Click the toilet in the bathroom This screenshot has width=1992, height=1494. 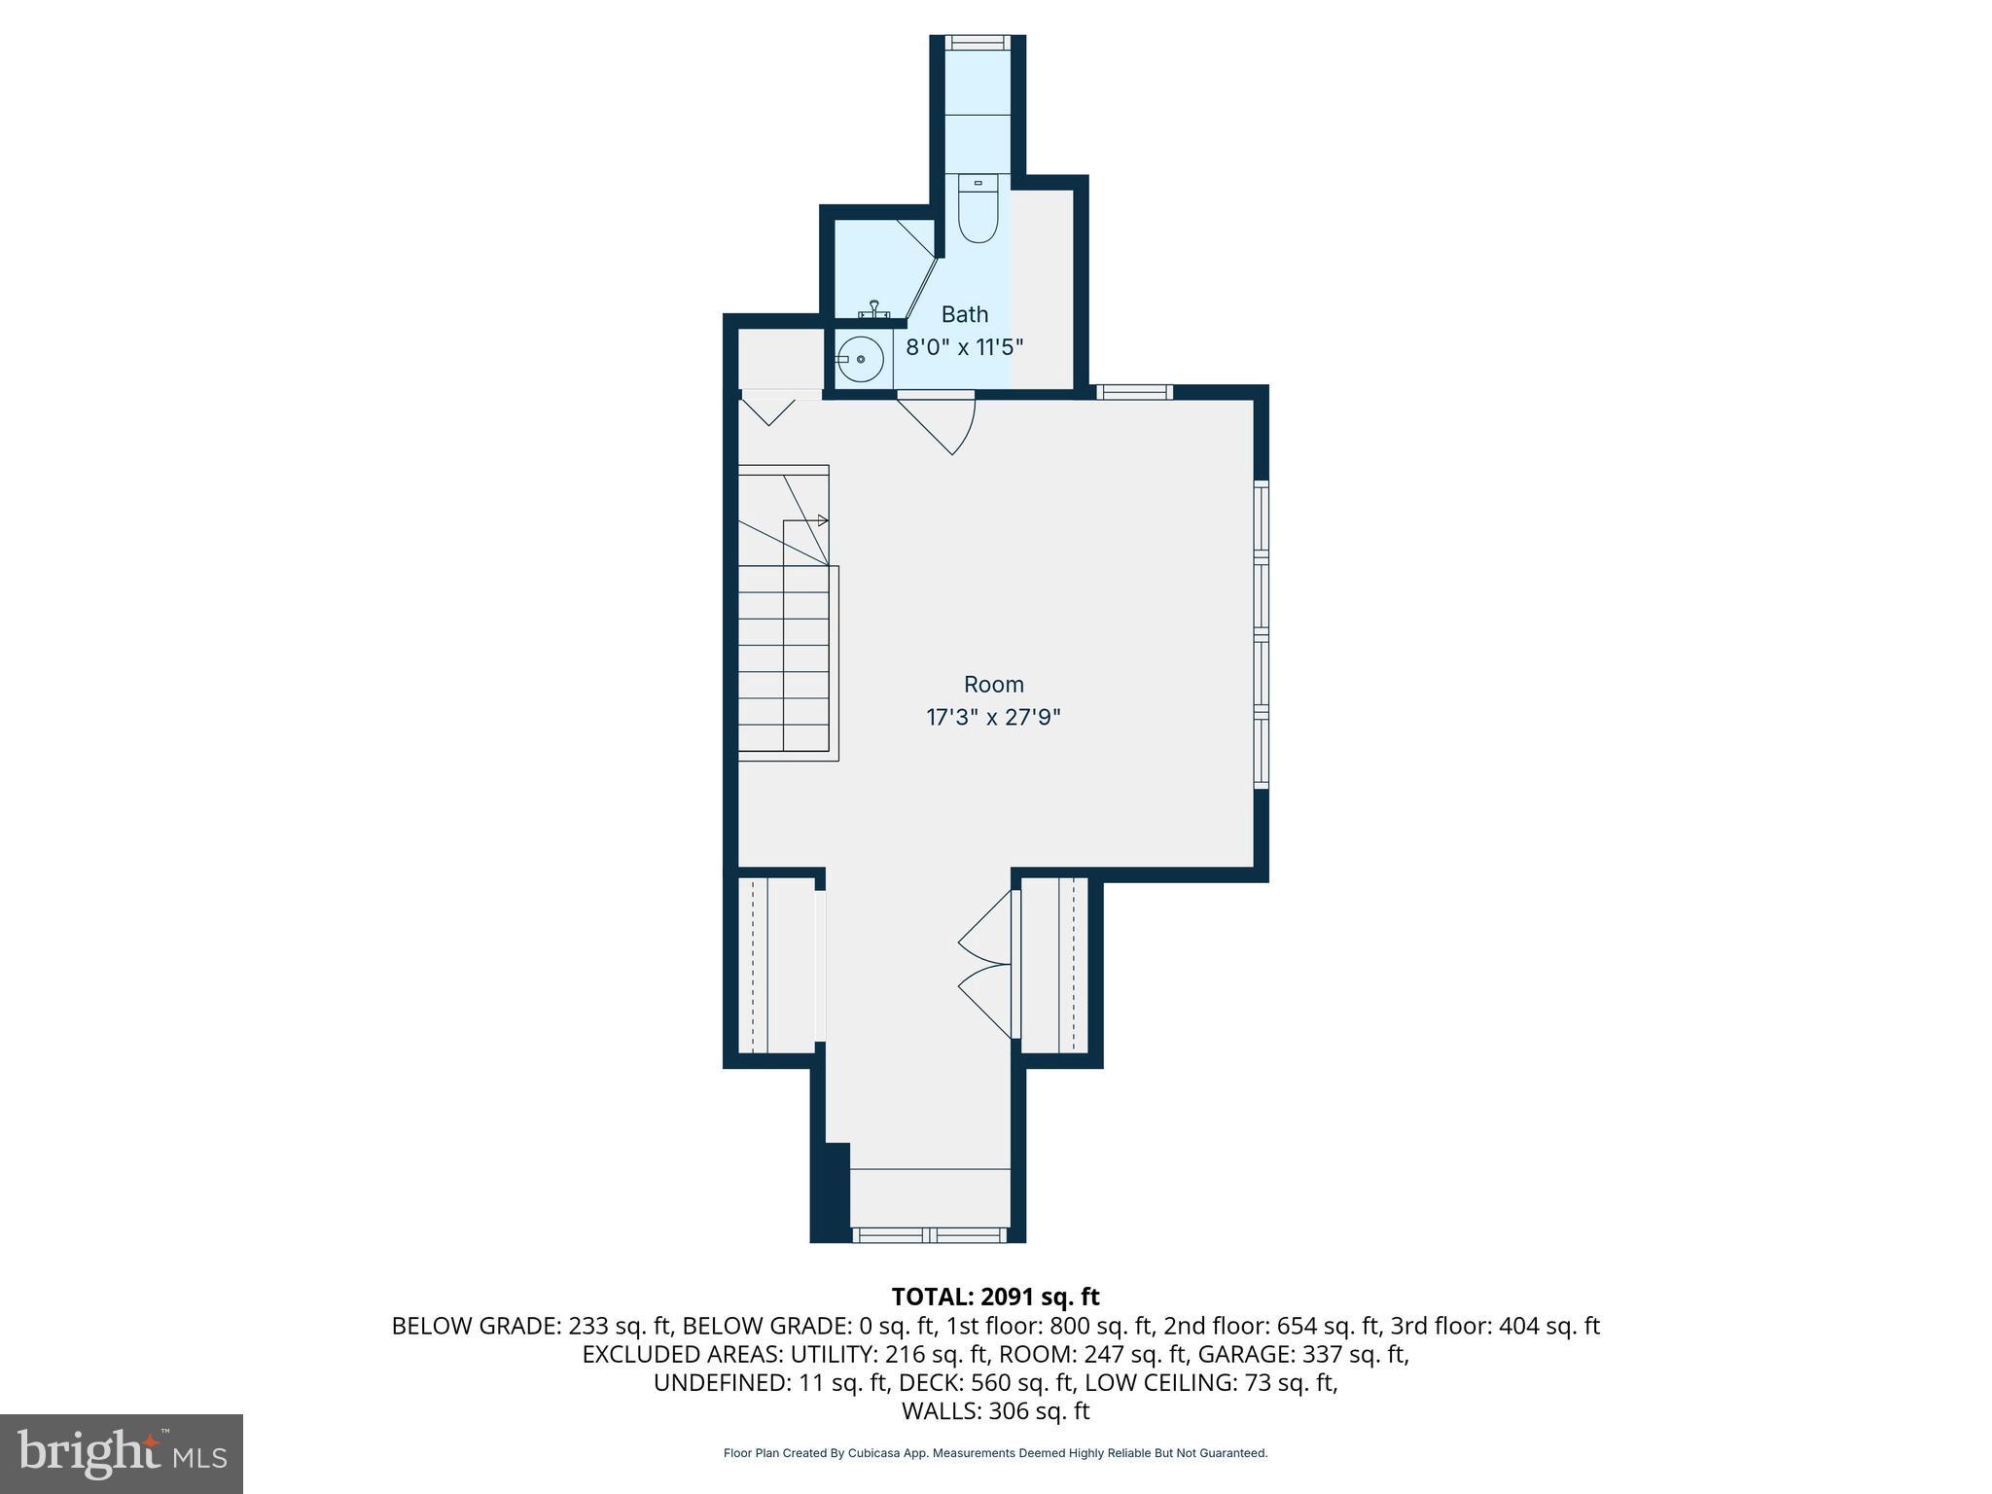(x=978, y=208)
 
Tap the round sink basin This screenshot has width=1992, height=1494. (x=860, y=360)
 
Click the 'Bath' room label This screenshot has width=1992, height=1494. (x=964, y=314)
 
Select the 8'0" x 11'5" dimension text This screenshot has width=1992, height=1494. (x=964, y=347)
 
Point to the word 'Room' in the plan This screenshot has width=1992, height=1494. (x=993, y=684)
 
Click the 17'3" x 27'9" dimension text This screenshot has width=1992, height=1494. (x=993, y=718)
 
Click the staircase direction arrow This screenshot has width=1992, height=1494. (x=822, y=520)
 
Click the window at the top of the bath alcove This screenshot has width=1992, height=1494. (x=977, y=42)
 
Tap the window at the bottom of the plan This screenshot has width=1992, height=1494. (x=930, y=1234)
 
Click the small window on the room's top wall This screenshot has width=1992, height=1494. (x=1134, y=392)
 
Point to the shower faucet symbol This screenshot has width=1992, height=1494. (x=875, y=309)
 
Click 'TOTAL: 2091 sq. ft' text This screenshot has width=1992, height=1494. (x=994, y=1297)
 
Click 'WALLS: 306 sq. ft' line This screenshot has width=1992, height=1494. (x=994, y=1411)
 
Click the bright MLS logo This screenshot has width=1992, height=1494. (x=121, y=1453)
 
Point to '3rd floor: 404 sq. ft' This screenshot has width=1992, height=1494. (x=1494, y=1326)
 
